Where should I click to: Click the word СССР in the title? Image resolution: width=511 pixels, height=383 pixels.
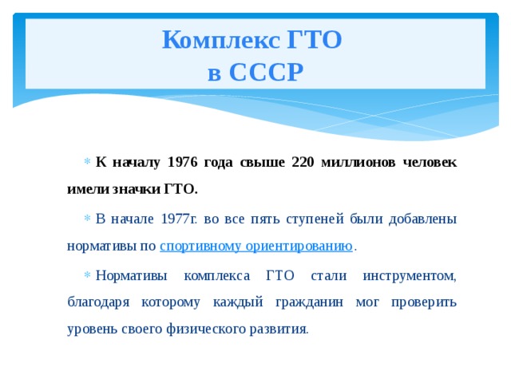266,73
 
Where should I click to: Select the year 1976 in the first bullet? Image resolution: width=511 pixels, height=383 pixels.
185,162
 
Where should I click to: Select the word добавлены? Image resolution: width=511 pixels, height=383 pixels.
425,219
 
